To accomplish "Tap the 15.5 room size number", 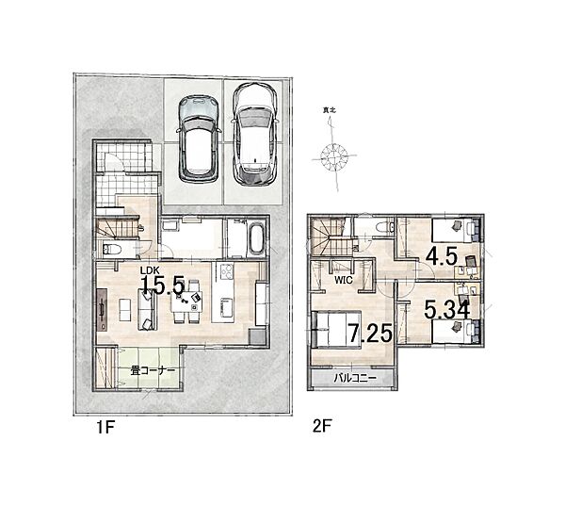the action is (163, 286).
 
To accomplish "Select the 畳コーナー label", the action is (153, 370).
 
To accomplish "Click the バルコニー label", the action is (355, 378).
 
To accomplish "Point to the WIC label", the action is (343, 280).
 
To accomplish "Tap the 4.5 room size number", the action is (442, 256).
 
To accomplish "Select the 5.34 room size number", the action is (446, 310).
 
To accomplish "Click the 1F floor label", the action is (105, 428).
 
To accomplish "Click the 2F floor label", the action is (322, 427).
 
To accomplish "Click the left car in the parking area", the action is (199, 139).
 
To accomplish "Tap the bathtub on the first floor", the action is (255, 238).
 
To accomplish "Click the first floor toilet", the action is (111, 249).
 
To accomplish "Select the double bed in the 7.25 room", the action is (336, 330).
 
